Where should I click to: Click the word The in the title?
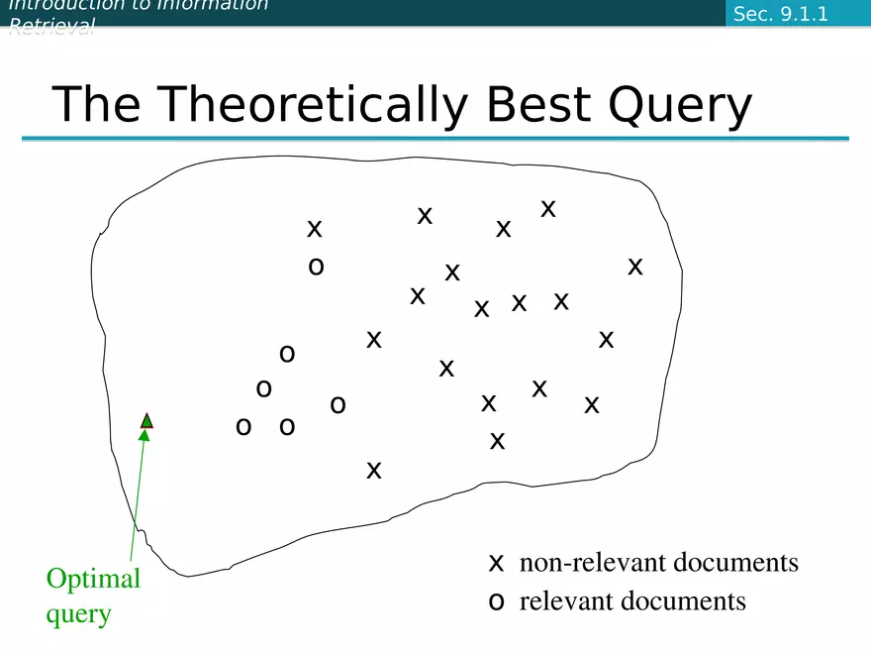point(95,104)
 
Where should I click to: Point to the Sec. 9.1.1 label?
point(780,14)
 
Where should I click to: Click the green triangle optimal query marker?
point(146,421)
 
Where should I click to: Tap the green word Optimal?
point(93,579)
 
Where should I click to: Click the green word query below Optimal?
point(78,613)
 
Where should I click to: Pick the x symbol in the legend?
point(497,564)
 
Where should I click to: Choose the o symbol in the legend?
point(497,601)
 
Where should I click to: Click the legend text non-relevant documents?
point(658,563)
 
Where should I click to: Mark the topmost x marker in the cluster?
point(547,209)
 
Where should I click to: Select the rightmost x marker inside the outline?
point(635,266)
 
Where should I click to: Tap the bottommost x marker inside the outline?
point(374,470)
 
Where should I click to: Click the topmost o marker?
point(316,267)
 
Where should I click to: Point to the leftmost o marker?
point(242,427)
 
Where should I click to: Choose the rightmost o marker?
point(338,404)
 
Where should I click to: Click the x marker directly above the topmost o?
point(315,229)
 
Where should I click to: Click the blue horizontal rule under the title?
point(435,139)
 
